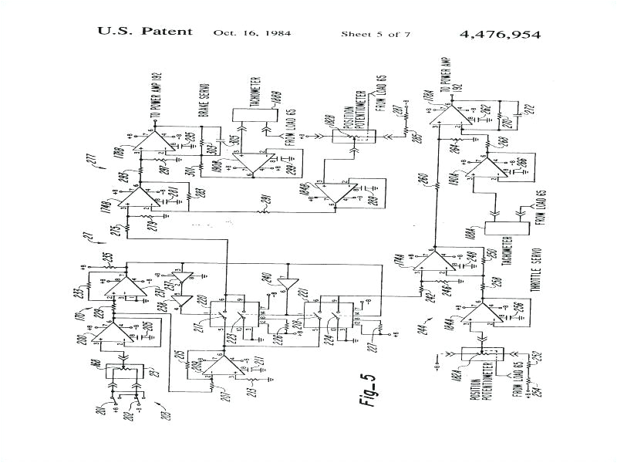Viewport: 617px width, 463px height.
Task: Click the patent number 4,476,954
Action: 500,34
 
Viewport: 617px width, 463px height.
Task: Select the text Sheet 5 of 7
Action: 376,34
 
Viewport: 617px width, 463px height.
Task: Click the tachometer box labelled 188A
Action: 506,228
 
